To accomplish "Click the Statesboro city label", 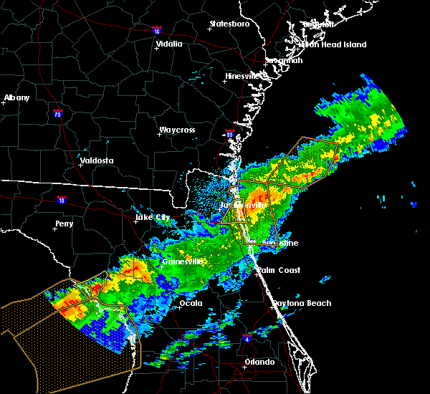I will coord(229,24).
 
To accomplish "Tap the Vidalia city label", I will coord(169,44).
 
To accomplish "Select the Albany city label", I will coord(17,97).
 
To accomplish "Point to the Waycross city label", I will coord(177,130).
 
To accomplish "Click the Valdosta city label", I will coord(97,160).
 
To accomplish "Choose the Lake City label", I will coord(154,217).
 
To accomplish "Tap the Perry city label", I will coord(64,224).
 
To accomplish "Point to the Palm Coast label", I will coord(279,270).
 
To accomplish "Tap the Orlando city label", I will coord(259,362).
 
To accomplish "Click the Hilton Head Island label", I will coord(333,44).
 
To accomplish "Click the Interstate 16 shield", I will coord(157,30).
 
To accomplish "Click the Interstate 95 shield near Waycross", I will coord(229,134).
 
